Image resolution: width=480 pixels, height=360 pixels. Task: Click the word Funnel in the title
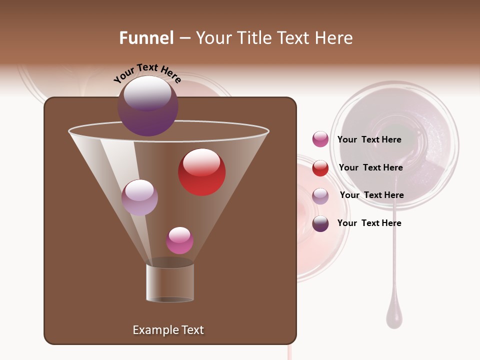pyautogui.click(x=146, y=38)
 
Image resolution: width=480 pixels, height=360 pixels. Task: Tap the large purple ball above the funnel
pyautogui.click(x=148, y=106)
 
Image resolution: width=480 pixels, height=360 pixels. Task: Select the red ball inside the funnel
pyautogui.click(x=202, y=172)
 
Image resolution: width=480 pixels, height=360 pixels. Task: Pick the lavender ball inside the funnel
pyautogui.click(x=139, y=197)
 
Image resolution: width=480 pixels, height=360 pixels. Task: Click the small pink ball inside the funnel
pyautogui.click(x=179, y=240)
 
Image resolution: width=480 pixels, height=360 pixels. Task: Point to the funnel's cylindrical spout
pyautogui.click(x=170, y=282)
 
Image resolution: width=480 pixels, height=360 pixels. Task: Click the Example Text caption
pyautogui.click(x=168, y=330)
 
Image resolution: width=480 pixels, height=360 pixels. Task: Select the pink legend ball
pyautogui.click(x=320, y=139)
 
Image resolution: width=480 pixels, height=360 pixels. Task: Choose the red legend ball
pyautogui.click(x=320, y=168)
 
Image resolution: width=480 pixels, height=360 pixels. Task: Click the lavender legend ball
pyautogui.click(x=320, y=196)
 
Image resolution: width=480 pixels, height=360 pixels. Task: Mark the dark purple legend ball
pyautogui.click(x=320, y=223)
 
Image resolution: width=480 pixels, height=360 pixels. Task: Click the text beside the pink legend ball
pyautogui.click(x=369, y=139)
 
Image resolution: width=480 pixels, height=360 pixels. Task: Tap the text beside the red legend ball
pyautogui.click(x=370, y=167)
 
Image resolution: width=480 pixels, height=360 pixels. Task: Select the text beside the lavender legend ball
pyautogui.click(x=371, y=195)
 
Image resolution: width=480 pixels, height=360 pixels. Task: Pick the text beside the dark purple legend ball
pyautogui.click(x=369, y=223)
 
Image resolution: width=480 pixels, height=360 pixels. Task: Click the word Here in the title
pyautogui.click(x=333, y=38)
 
